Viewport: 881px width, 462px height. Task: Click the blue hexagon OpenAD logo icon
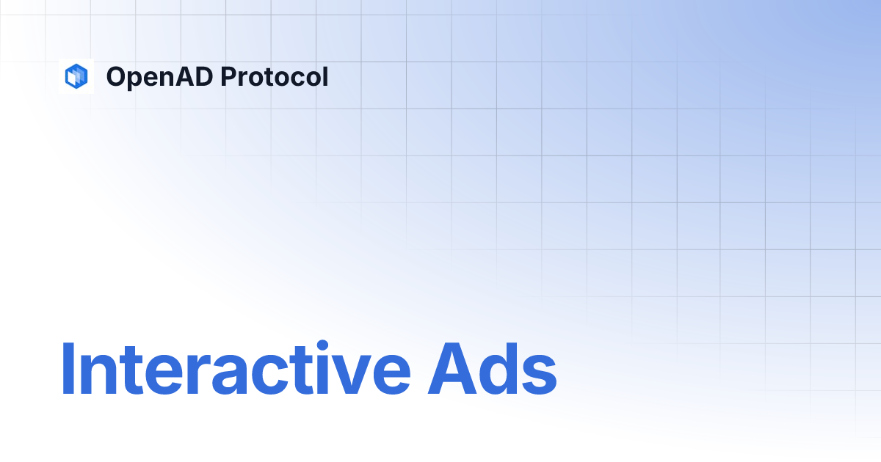click(x=76, y=76)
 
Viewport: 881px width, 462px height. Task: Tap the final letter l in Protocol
click(x=325, y=76)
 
